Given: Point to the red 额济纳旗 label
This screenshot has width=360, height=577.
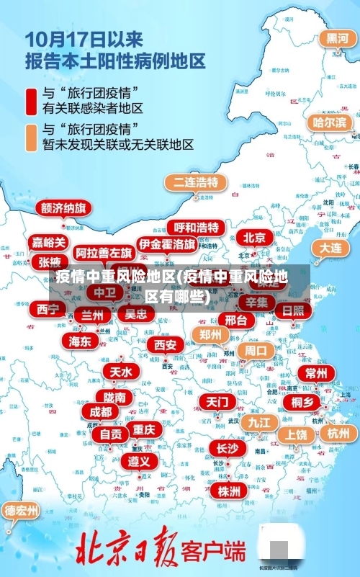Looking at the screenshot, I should [64, 209].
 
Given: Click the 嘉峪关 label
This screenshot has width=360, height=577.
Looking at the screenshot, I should [49, 243].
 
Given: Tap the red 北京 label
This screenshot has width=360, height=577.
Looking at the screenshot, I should [253, 237].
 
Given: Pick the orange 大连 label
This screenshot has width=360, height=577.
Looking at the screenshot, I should [330, 247].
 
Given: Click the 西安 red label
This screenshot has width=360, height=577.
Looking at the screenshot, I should [165, 345].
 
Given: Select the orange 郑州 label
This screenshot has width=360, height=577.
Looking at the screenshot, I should [210, 334].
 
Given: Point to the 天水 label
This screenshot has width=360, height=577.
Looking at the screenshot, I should [120, 372].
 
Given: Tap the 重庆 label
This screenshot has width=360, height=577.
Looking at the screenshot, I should [144, 429].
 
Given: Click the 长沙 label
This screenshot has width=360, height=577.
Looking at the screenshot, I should [226, 448].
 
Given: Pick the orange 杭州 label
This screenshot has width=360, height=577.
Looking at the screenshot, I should [338, 433].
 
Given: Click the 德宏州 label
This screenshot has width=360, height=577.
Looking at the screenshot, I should [22, 511].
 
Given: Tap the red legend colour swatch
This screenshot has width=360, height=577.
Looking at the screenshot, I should [32, 101].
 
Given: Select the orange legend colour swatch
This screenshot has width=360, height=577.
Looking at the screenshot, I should [32, 137].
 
